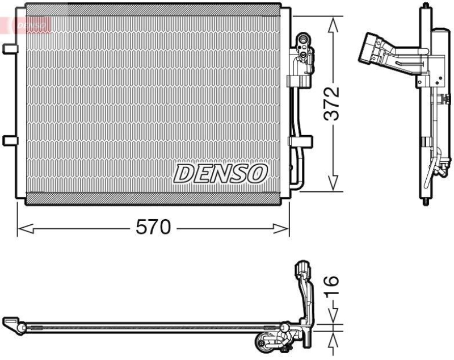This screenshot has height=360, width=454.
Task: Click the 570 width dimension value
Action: (x=153, y=228)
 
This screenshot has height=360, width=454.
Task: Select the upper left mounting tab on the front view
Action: (x=10, y=49)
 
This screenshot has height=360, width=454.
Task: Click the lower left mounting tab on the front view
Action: (x=10, y=140)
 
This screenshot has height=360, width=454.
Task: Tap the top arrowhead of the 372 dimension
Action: (x=334, y=23)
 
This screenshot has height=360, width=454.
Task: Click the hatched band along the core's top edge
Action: (x=153, y=10)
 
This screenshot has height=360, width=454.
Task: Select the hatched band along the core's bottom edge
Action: (x=153, y=198)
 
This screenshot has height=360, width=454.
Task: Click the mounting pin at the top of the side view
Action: (x=424, y=7)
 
